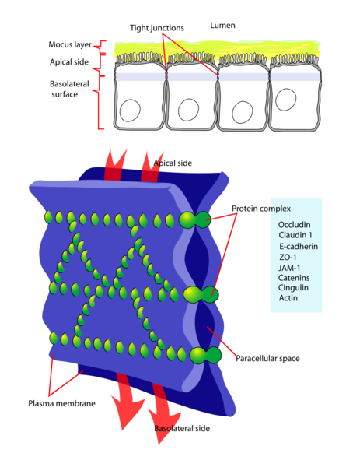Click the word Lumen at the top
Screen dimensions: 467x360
[222, 26]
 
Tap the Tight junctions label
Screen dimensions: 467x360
[158, 29]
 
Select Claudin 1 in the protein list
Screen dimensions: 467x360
[296, 235]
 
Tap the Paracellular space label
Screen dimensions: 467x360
[268, 359]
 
